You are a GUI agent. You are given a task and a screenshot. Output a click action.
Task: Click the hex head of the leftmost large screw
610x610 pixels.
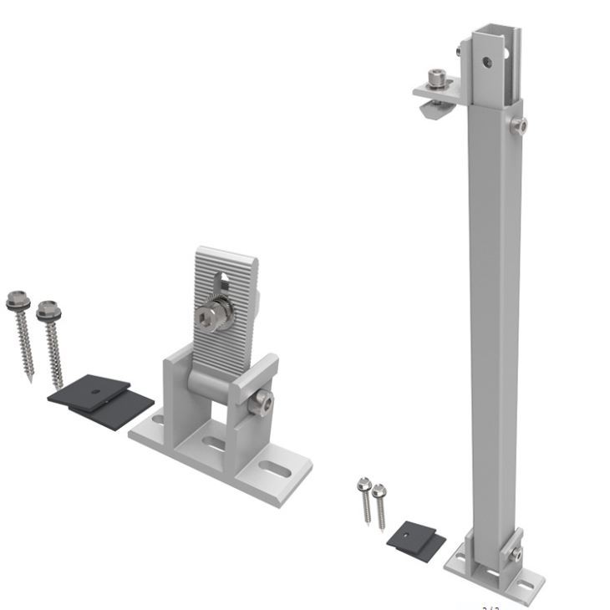[16, 297]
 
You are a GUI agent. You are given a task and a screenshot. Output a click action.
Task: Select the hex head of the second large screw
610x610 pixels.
[48, 310]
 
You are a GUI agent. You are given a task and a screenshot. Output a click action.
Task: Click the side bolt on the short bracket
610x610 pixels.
[262, 403]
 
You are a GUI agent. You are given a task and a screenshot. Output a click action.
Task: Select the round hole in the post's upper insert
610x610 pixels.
[485, 60]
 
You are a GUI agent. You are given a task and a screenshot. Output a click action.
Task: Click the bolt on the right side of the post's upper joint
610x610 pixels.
[521, 126]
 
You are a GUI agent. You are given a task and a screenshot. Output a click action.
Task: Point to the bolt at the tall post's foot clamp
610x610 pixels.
[517, 553]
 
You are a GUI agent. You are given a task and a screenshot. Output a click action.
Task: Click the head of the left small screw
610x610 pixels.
[363, 484]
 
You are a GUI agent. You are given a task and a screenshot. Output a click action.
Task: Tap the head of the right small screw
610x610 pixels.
[379, 490]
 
